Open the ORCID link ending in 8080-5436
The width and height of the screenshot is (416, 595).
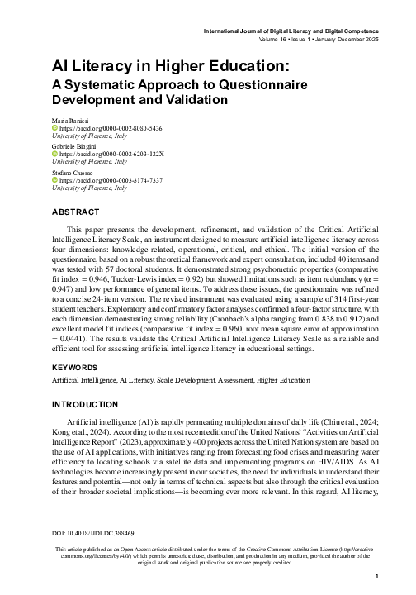[x=111, y=129]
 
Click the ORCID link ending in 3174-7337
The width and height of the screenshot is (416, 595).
[x=111, y=180]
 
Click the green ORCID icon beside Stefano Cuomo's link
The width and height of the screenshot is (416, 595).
[x=55, y=180]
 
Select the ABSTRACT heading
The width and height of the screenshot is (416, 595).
[x=76, y=212]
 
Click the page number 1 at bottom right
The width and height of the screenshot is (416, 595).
[x=376, y=578]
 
